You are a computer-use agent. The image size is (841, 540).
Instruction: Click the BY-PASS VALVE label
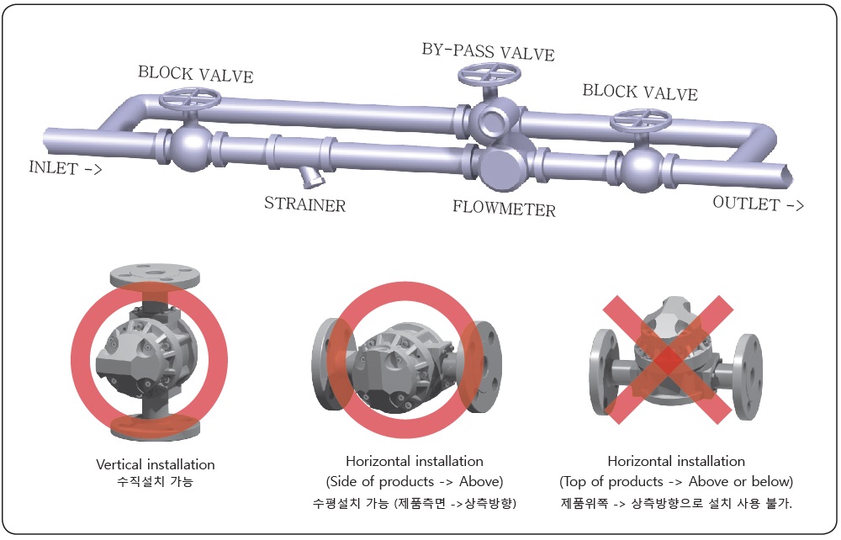[x=488, y=52]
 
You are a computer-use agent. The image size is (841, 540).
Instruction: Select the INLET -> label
[x=65, y=167]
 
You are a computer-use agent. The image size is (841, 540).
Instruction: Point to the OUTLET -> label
[x=758, y=204]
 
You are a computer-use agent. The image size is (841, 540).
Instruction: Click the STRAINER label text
[x=304, y=204]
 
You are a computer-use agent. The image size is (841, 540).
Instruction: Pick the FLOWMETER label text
[x=504, y=208]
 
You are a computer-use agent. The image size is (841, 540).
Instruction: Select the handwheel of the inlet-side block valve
[x=190, y=100]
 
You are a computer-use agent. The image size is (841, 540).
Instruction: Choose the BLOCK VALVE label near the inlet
[x=195, y=74]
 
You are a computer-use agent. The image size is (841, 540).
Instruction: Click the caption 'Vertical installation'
[x=156, y=464]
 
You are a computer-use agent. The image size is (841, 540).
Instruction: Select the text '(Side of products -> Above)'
[x=414, y=482]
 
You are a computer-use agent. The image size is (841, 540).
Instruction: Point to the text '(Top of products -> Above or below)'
[x=676, y=482]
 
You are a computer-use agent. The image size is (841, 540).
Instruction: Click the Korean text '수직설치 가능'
[x=156, y=483]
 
